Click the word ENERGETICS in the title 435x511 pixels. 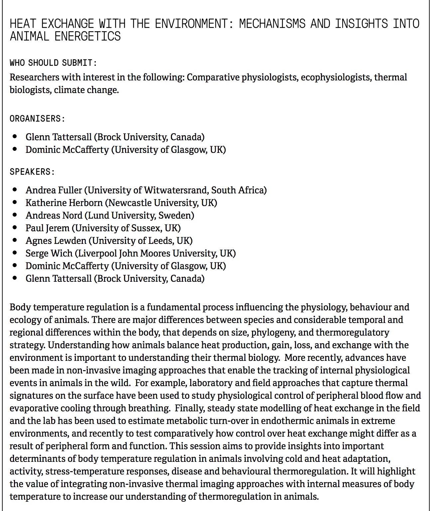click(x=87, y=36)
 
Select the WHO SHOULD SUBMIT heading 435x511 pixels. click(x=53, y=63)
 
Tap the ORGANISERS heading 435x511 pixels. click(x=37, y=119)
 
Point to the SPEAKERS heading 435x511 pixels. click(x=32, y=172)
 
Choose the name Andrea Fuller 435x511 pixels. click(x=54, y=190)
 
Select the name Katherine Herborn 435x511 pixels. click(x=64, y=203)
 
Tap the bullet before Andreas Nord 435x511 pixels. click(x=15, y=215)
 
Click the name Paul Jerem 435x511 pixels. click(x=48, y=228)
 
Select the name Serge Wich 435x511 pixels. click(x=49, y=253)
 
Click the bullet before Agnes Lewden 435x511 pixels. click(x=15, y=241)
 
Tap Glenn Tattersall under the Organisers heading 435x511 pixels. click(x=59, y=137)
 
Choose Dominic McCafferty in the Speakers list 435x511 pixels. click(x=67, y=266)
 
